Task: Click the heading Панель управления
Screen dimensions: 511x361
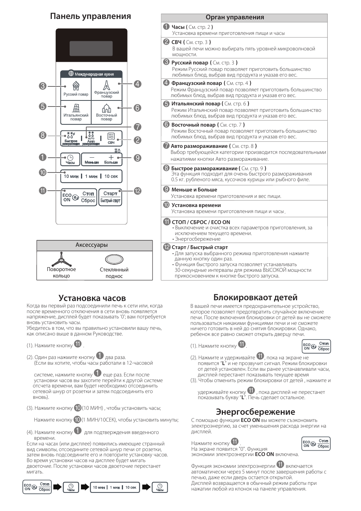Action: point(90,16)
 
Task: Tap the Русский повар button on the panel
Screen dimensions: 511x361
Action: point(76,89)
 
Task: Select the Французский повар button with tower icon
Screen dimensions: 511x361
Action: point(107,89)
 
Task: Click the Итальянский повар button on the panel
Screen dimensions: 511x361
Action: point(76,112)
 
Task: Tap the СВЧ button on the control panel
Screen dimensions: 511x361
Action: point(111,138)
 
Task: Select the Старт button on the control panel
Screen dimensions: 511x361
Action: point(110,197)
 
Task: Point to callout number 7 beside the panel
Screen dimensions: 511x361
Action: point(137,127)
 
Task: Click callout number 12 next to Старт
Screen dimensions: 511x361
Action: point(137,191)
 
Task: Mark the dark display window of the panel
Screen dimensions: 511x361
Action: point(91,49)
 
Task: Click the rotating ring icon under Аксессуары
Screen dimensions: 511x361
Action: point(61,260)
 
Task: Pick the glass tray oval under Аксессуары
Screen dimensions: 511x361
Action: point(114,259)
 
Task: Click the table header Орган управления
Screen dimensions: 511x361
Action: point(235,17)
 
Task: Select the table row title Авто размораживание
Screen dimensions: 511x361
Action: point(199,146)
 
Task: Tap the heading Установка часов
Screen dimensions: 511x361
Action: point(92,298)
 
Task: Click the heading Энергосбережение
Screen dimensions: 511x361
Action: point(255,412)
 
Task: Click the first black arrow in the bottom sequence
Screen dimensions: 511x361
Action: point(57,487)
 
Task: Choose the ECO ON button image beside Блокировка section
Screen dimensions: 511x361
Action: point(316,346)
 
